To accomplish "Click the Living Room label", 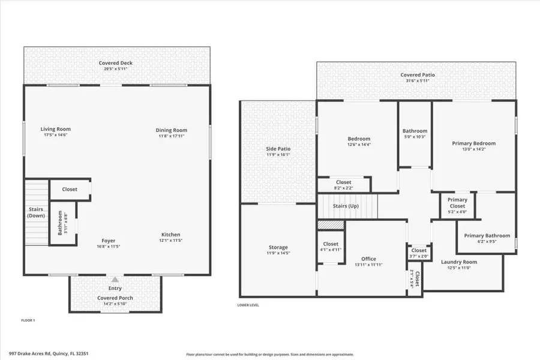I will pyautogui.click(x=55, y=129).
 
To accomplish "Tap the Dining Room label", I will pyautogui.click(x=172, y=130).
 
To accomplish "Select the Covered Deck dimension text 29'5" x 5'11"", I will pyautogui.click(x=116, y=69).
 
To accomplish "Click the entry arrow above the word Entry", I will pyautogui.click(x=115, y=280).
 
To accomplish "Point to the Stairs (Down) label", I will pyautogui.click(x=36, y=212).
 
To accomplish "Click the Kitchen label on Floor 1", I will pyautogui.click(x=170, y=235).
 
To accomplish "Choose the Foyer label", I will pyautogui.click(x=108, y=241).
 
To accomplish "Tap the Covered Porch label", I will pyautogui.click(x=115, y=298).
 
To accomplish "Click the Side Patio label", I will pyautogui.click(x=278, y=149).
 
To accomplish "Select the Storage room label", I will pyautogui.click(x=278, y=247).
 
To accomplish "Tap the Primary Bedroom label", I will pyautogui.click(x=473, y=143).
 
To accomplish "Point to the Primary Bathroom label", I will pyautogui.click(x=487, y=236).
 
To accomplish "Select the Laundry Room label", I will pyautogui.click(x=459, y=262).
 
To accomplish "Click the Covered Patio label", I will pyautogui.click(x=418, y=75).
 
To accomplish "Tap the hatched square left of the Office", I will pyautogui.click(x=330, y=224).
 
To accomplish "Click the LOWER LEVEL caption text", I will pyautogui.click(x=248, y=305).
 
